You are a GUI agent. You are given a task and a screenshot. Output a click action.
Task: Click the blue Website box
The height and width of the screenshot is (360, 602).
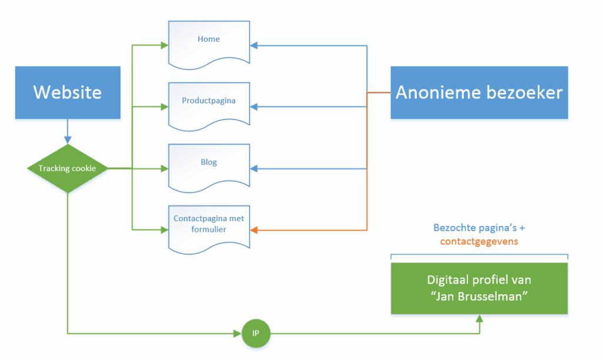(x=68, y=92)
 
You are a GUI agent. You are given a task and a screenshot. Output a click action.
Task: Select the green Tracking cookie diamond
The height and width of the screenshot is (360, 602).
(x=68, y=169)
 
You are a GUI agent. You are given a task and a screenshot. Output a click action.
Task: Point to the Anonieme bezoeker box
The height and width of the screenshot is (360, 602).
(x=479, y=92)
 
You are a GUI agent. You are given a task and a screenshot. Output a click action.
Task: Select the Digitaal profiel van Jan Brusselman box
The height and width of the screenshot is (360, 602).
(x=479, y=288)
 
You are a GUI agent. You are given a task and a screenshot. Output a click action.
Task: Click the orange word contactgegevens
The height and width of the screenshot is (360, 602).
(x=479, y=242)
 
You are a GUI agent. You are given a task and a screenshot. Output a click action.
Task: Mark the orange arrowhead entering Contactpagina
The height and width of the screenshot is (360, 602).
(x=254, y=231)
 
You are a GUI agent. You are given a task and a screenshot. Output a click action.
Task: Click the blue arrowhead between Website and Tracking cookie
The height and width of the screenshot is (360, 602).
(x=68, y=140)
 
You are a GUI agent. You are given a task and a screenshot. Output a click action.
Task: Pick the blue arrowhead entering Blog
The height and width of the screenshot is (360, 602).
(x=254, y=169)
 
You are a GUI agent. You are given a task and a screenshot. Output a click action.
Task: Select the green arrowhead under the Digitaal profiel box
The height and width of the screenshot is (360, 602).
(x=480, y=318)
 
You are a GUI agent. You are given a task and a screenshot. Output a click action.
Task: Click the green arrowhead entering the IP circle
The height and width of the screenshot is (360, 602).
(x=238, y=334)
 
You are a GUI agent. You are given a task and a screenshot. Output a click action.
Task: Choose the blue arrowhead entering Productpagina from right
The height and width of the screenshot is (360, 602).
(x=254, y=107)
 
